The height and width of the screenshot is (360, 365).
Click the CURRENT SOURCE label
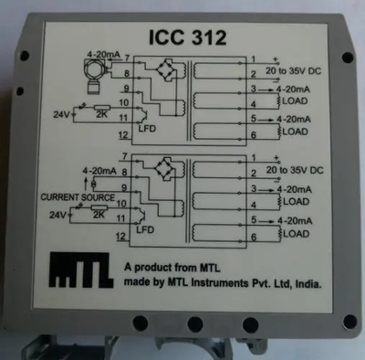point(78,196)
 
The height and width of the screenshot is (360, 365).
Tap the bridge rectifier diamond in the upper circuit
point(166,69)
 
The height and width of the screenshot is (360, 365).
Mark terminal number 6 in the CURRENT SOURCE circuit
point(253,238)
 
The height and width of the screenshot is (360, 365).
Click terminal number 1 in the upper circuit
point(253,58)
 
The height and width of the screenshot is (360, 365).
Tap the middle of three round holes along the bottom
point(194,323)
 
